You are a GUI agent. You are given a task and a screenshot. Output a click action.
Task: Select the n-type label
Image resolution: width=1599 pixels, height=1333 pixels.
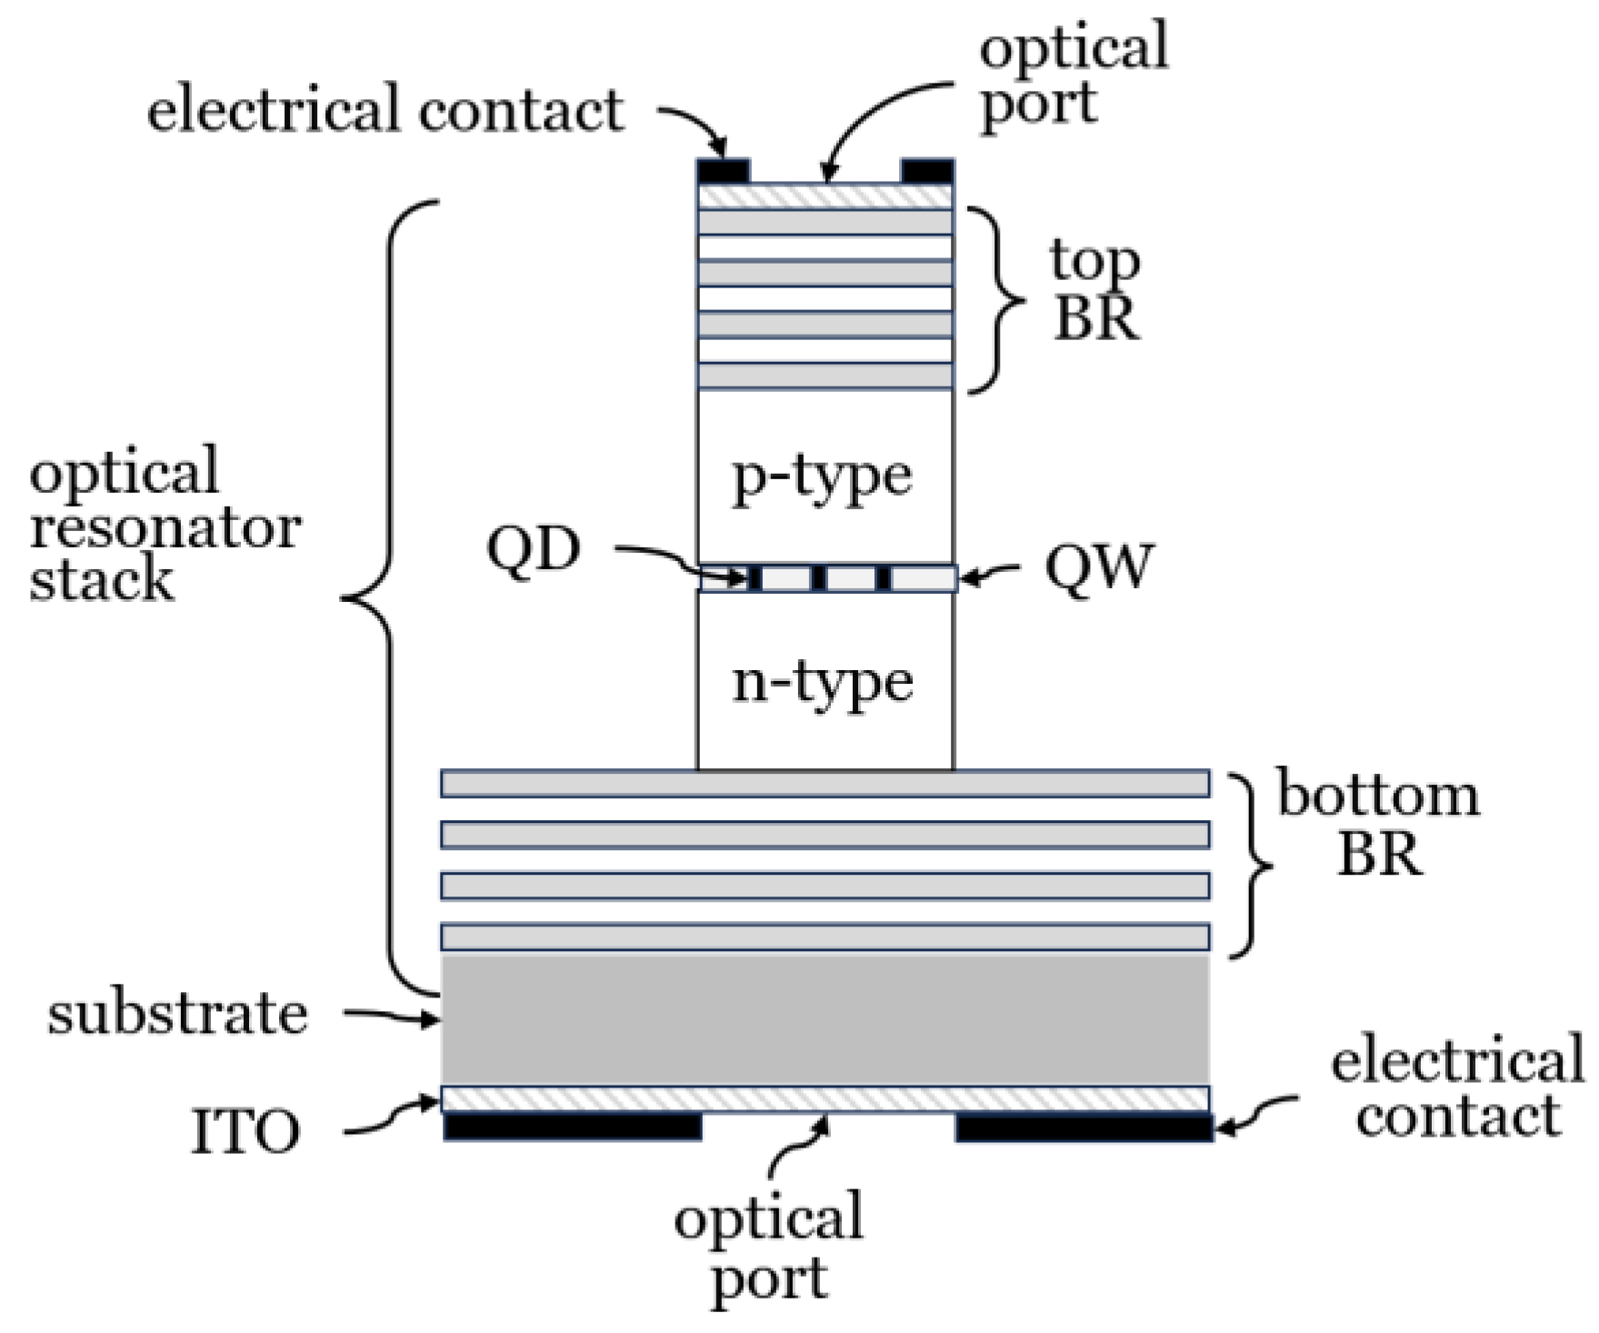click(822, 682)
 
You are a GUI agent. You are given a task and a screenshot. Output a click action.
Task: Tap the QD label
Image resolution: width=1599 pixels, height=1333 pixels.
click(534, 549)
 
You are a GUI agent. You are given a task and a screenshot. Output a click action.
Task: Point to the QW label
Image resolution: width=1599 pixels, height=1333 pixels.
click(1098, 567)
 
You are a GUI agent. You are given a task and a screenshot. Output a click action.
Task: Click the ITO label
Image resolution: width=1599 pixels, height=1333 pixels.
click(245, 1132)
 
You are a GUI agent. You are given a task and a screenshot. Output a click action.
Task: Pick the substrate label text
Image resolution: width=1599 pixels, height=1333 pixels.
click(177, 1014)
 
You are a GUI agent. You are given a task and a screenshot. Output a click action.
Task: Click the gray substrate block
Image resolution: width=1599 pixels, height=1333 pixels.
click(824, 1018)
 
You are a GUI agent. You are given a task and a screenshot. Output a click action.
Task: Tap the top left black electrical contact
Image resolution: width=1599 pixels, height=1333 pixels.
click(724, 171)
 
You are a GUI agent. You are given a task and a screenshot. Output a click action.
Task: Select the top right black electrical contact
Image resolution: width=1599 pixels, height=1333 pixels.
click(926, 171)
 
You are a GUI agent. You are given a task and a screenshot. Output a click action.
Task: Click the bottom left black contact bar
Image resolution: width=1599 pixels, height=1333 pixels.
click(573, 1127)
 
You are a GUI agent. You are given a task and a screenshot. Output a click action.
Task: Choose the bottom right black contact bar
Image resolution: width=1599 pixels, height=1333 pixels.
click(1084, 1128)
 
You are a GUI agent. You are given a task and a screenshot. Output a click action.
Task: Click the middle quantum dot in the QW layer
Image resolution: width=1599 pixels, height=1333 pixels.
click(818, 578)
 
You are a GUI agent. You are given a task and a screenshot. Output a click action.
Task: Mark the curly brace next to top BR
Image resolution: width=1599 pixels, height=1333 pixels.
click(996, 301)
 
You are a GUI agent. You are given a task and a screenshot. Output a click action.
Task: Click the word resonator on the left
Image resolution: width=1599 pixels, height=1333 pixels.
click(165, 527)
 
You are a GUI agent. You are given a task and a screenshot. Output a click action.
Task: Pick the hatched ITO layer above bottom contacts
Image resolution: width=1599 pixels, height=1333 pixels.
click(824, 1098)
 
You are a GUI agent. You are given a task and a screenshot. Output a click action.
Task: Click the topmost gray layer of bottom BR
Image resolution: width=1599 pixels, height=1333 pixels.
click(824, 783)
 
